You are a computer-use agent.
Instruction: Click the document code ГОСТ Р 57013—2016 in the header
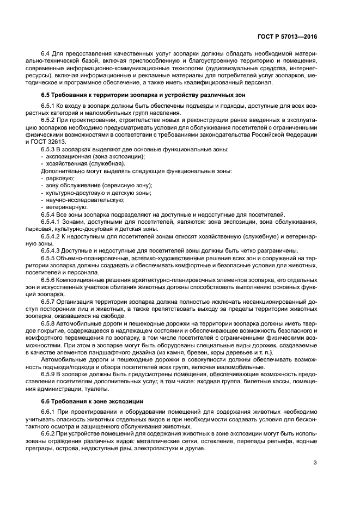[x=288, y=37]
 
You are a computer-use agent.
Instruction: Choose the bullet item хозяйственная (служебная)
[x=85, y=163]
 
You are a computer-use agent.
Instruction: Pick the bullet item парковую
[x=60, y=178]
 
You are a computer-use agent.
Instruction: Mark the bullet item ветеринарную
[x=66, y=207]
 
